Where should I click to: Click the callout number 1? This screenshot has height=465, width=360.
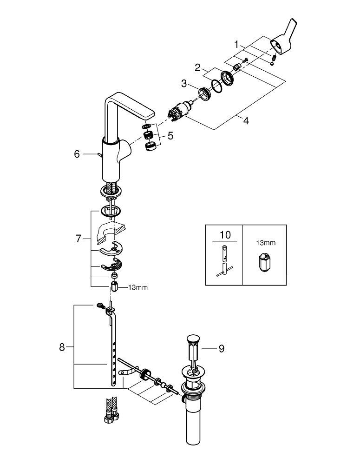237,45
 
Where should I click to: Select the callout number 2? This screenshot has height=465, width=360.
197,68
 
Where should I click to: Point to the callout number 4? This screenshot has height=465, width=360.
245,120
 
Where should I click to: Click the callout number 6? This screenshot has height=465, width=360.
77,154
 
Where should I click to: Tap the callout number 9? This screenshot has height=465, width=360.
221,348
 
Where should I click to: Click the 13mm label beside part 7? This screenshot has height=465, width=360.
137,287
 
